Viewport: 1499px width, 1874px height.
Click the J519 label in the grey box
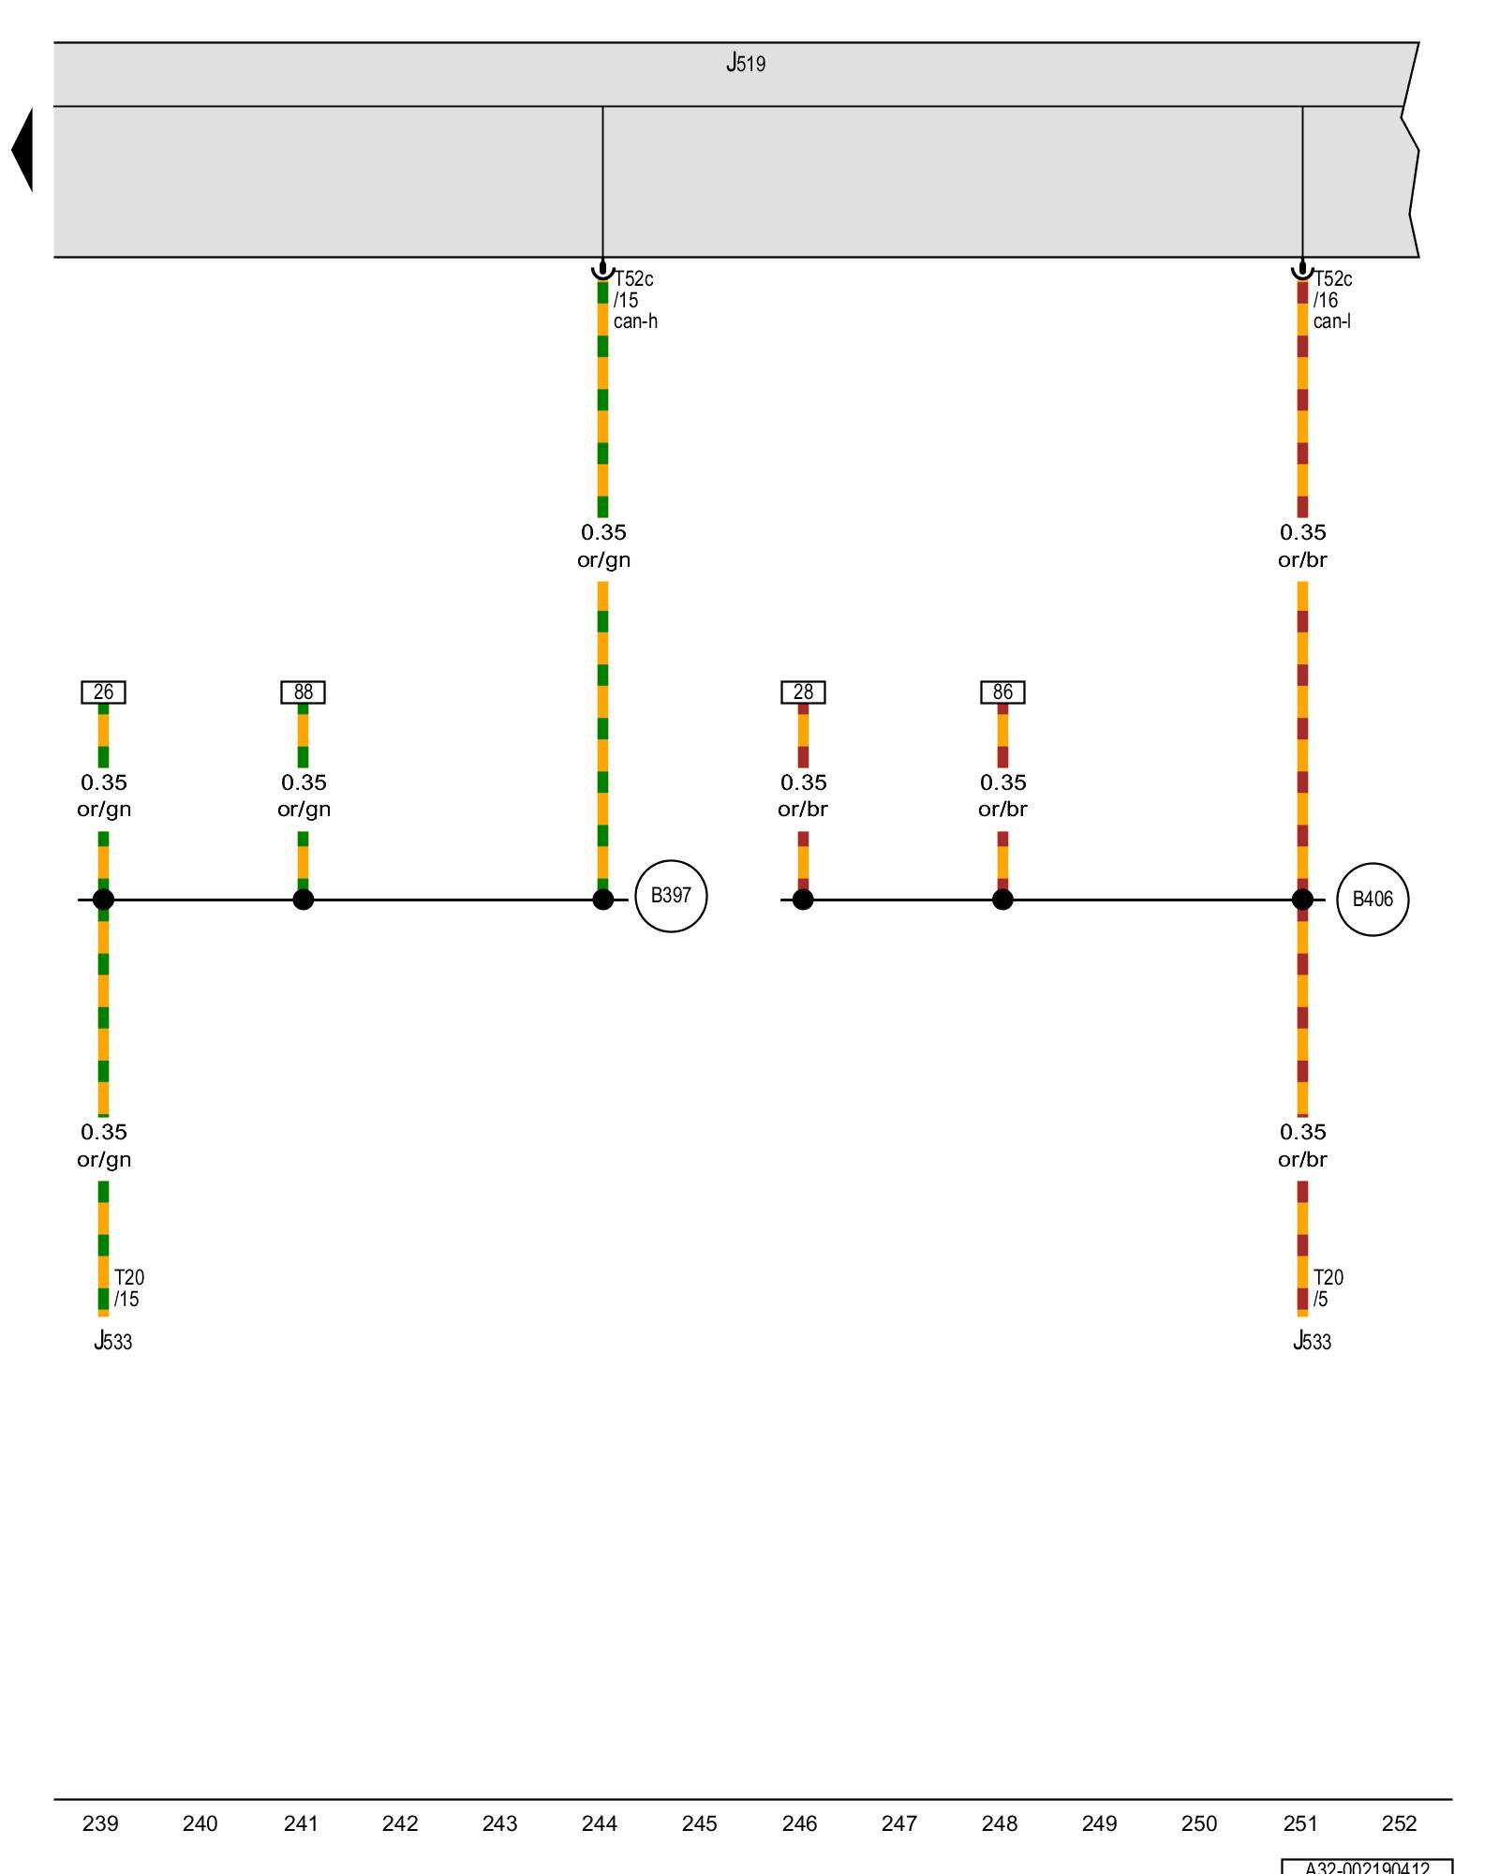pos(746,64)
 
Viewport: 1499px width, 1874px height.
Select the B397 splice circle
pos(671,896)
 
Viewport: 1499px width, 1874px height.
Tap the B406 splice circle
pos(1372,900)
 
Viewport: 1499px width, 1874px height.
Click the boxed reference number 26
pos(103,692)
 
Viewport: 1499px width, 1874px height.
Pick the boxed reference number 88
pos(303,692)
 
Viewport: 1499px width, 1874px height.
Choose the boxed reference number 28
pos(803,692)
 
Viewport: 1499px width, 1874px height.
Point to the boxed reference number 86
pos(1002,692)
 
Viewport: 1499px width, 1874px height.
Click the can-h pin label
pos(635,321)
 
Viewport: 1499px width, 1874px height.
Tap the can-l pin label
pos(1331,321)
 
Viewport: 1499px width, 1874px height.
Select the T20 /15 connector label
pos(128,1288)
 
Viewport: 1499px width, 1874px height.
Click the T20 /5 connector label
pos(1328,1288)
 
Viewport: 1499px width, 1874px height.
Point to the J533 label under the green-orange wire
pos(112,1342)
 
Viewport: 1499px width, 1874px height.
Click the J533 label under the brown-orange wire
pos(1312,1342)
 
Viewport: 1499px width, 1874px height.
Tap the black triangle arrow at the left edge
pos(22,150)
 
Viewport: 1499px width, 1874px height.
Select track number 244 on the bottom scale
pos(600,1823)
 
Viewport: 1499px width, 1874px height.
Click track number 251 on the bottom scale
pos(1299,1823)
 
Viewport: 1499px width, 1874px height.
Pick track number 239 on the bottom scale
pos(100,1823)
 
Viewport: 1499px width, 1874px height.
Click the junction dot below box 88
pos(303,900)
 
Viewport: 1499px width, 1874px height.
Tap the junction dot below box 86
pos(1002,900)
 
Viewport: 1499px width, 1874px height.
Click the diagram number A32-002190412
pos(1367,1867)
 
